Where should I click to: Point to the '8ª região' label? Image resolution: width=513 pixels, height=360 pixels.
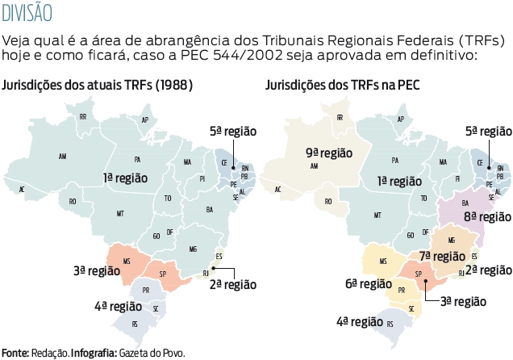click(x=487, y=216)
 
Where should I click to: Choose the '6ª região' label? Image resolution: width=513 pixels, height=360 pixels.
click(x=369, y=283)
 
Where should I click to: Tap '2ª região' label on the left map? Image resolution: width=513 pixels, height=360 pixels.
click(x=233, y=284)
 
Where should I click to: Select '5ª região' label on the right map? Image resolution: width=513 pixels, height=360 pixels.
click(x=488, y=131)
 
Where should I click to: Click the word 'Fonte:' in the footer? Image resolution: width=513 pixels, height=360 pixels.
click(x=15, y=353)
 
